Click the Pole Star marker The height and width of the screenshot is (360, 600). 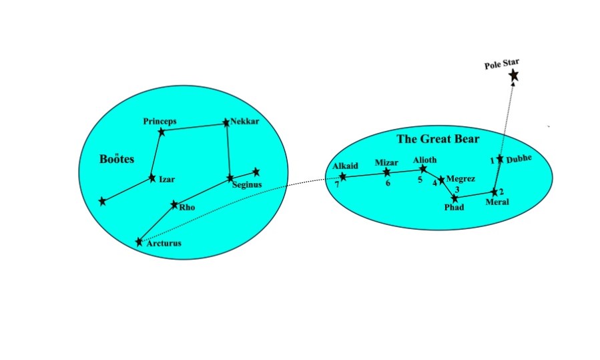click(x=513, y=75)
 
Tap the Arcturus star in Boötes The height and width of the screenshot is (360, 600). click(x=139, y=241)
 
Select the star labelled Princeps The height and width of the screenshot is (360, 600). click(x=162, y=132)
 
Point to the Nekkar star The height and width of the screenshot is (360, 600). click(x=226, y=122)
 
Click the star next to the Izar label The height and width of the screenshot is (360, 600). click(x=152, y=178)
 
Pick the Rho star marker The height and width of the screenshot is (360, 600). click(x=174, y=204)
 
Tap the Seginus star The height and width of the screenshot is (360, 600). click(x=230, y=178)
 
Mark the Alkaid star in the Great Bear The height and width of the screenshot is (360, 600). click(x=343, y=177)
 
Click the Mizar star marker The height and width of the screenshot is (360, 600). click(x=386, y=172)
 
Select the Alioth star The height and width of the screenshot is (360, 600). click(x=422, y=169)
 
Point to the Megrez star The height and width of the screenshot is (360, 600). click(x=441, y=180)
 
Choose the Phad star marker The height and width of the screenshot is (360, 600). click(x=455, y=198)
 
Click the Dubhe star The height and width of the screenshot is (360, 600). click(x=500, y=159)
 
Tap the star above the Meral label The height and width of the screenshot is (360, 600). click(x=494, y=192)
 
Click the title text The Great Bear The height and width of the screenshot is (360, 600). click(x=438, y=139)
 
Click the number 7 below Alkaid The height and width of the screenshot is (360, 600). click(x=338, y=185)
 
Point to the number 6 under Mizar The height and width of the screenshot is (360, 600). click(x=387, y=182)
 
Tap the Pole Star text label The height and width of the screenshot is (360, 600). click(x=502, y=63)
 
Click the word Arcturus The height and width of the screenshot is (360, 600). click(x=164, y=243)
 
